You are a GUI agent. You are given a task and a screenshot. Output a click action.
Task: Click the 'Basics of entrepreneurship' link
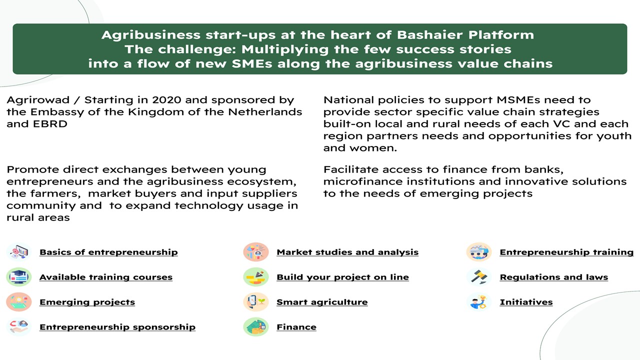[108, 252]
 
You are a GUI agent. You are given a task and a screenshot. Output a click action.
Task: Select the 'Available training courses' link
[106, 277]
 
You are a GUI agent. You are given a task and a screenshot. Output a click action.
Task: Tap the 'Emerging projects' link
[87, 302]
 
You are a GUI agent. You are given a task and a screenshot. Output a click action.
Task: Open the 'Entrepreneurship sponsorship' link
[117, 327]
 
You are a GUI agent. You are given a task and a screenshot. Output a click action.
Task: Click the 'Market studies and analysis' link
[347, 252]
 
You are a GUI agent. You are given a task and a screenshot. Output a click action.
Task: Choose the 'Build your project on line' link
[342, 277]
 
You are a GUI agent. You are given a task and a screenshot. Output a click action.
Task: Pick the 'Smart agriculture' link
[322, 302]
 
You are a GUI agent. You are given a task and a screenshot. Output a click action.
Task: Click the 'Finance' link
[296, 327]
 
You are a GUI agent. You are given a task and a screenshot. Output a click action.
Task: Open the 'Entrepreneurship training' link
[566, 252]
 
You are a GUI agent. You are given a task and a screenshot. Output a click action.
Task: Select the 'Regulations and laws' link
[553, 277]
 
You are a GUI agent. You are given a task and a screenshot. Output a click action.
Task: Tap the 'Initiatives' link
[526, 302]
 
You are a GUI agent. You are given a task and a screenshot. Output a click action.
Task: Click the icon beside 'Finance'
[256, 327]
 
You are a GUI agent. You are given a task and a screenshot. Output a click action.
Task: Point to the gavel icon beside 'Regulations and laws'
[479, 277]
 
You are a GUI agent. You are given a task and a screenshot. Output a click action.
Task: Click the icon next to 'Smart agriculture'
[256, 302]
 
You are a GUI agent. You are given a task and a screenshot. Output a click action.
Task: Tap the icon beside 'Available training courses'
[19, 277]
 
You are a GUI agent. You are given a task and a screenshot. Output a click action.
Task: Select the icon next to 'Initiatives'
[479, 302]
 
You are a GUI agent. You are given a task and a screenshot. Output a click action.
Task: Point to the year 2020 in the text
[166, 100]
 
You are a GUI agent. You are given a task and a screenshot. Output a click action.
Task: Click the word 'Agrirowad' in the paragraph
[38, 100]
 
